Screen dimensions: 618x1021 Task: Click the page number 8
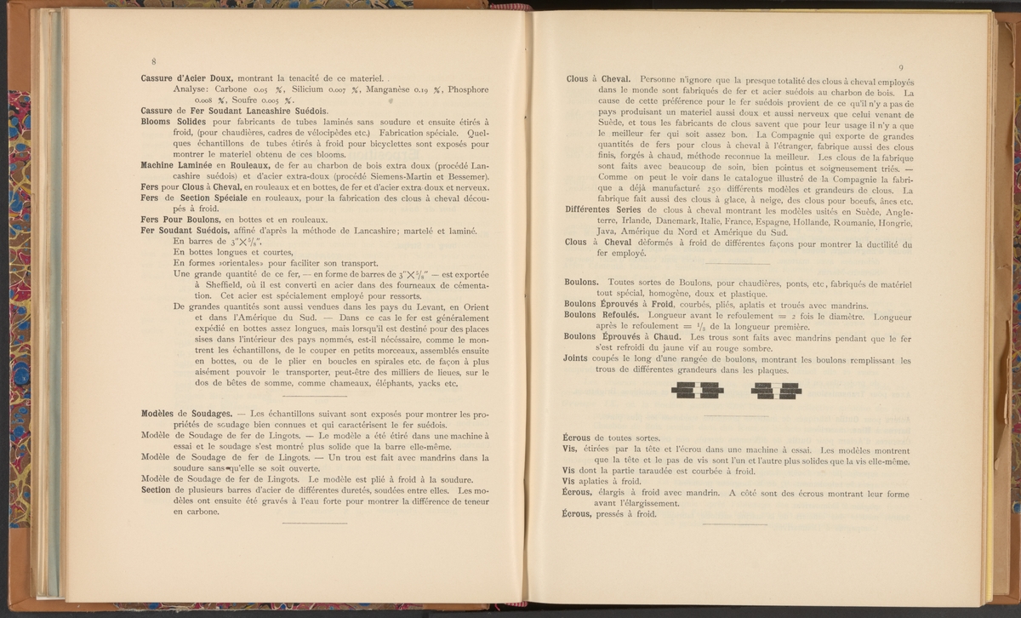(x=153, y=61)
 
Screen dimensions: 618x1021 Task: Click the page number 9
(x=900, y=68)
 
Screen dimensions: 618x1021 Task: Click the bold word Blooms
(x=158, y=122)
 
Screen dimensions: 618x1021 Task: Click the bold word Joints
(x=578, y=358)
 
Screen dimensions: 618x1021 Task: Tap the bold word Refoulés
(x=628, y=314)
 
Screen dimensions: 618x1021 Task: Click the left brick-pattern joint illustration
(x=698, y=390)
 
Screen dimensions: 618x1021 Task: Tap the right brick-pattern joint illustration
(x=776, y=390)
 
